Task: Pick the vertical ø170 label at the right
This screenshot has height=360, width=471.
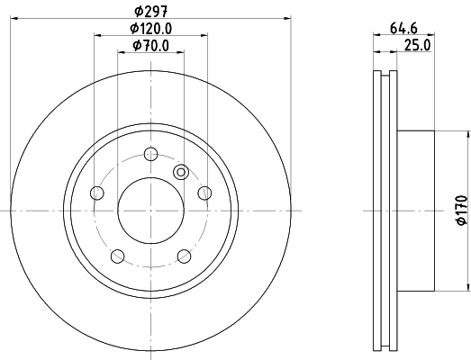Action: pos(459,210)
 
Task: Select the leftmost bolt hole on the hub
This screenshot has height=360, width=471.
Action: pos(97,192)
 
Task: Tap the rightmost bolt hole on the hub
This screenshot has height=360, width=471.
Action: pos(204,192)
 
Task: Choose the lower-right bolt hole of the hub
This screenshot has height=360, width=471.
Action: pos(184,256)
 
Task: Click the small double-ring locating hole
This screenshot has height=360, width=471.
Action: pos(180,172)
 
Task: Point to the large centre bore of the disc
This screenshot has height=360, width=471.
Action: pos(150,210)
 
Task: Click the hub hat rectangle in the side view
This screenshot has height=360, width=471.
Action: pos(416,210)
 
